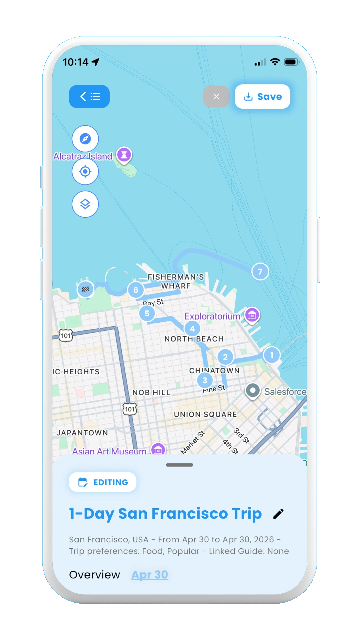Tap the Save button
coord(262,97)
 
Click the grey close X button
coord(216,97)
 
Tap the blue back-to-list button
coord(89,97)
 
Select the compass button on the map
coord(85,139)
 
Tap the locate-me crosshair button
coord(85,172)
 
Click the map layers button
coord(85,204)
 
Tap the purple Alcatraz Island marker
coord(124,155)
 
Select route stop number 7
coord(260,272)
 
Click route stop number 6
coord(136,290)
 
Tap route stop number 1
coord(272,355)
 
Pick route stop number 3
coord(205,380)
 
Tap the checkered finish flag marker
coord(86,289)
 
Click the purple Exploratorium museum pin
coord(252,315)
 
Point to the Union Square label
coord(205,414)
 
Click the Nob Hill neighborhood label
coord(151,393)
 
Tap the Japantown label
coord(82,433)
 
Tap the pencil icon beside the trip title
coord(278,514)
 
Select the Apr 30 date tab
coord(150,575)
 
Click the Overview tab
coord(94,575)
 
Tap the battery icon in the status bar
coord(291,62)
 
